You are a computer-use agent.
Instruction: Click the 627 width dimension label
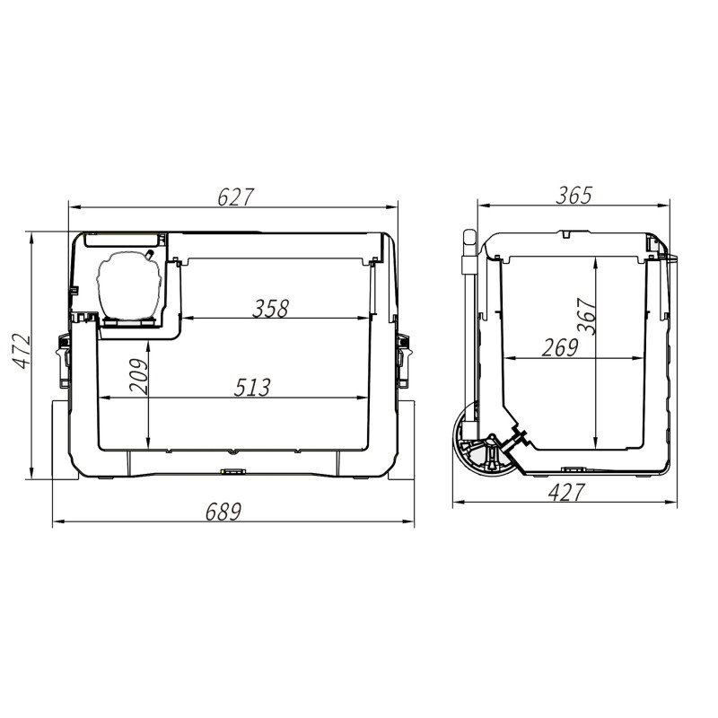click(x=235, y=197)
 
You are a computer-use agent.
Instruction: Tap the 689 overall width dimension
click(x=223, y=512)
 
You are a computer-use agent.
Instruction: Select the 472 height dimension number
click(x=21, y=352)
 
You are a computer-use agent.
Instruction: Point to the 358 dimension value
click(x=271, y=309)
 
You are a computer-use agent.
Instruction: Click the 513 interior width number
click(x=252, y=388)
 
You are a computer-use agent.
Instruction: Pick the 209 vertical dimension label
click(x=139, y=376)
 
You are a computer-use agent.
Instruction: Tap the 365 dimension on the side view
click(x=574, y=196)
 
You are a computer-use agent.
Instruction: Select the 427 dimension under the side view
click(x=566, y=493)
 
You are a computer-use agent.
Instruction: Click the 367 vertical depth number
click(x=587, y=316)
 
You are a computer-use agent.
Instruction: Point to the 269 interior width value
click(x=560, y=347)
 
